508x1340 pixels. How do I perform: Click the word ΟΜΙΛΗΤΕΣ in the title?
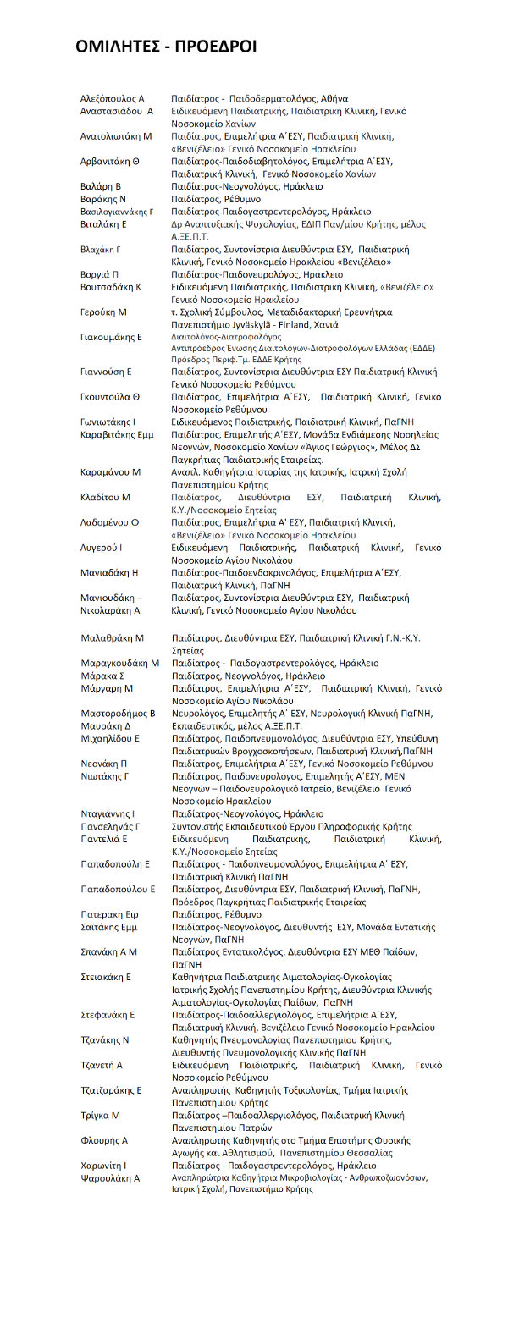(119, 46)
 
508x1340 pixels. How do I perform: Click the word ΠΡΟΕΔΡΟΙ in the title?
(216, 46)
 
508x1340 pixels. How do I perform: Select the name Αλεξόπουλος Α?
(113, 98)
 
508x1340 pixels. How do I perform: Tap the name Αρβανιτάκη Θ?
(110, 161)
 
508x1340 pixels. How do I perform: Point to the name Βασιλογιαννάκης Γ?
(117, 212)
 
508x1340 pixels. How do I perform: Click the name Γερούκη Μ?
(103, 312)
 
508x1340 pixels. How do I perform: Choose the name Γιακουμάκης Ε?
(111, 337)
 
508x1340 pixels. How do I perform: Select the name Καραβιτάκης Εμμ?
(117, 434)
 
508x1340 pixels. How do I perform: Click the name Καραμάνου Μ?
(111, 471)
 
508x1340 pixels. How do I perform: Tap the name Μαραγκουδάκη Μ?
(119, 663)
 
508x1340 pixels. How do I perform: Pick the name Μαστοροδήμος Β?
(118, 714)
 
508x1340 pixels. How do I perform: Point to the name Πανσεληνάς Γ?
(110, 826)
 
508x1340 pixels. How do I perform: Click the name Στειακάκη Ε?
(106, 977)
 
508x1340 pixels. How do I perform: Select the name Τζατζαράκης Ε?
(111, 1090)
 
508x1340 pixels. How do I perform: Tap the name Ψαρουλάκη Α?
(110, 1178)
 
